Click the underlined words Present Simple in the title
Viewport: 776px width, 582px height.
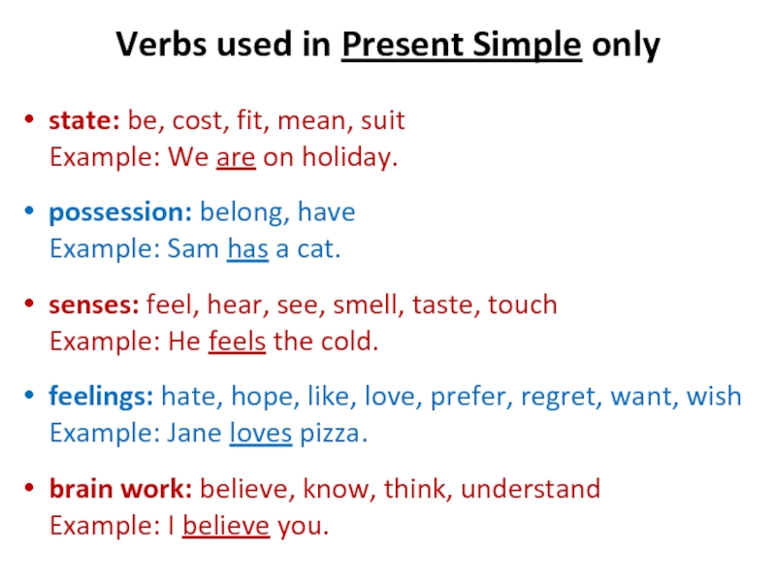pyautogui.click(x=462, y=46)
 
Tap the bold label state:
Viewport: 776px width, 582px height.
pyautogui.click(x=84, y=120)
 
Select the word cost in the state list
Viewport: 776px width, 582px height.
pyautogui.click(x=197, y=121)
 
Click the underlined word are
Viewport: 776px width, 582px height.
pyautogui.click(x=236, y=158)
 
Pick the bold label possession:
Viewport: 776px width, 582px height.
pyautogui.click(x=120, y=212)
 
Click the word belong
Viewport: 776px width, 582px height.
pyautogui.click(x=242, y=212)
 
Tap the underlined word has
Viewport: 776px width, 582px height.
pyautogui.click(x=248, y=249)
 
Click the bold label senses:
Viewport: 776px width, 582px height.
pyautogui.click(x=94, y=306)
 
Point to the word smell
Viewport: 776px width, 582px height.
pyautogui.click(x=366, y=305)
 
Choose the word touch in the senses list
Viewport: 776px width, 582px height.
pyautogui.click(x=523, y=305)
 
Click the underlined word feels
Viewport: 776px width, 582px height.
pyautogui.click(x=237, y=341)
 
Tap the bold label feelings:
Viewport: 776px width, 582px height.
pyautogui.click(x=101, y=397)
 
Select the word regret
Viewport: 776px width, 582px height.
pyautogui.click(x=559, y=398)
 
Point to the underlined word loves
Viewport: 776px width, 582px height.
pyautogui.click(x=261, y=434)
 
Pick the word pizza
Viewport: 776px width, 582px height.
pyautogui.click(x=330, y=434)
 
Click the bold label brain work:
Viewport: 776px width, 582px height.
pyautogui.click(x=120, y=489)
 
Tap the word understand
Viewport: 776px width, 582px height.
pyautogui.click(x=531, y=489)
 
